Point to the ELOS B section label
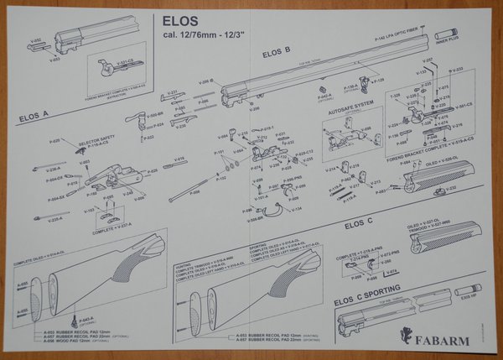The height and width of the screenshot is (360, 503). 276,53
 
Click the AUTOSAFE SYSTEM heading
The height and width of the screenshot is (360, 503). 350,107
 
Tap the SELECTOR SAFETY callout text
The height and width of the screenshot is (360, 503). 96,139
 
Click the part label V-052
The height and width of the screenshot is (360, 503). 35,39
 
